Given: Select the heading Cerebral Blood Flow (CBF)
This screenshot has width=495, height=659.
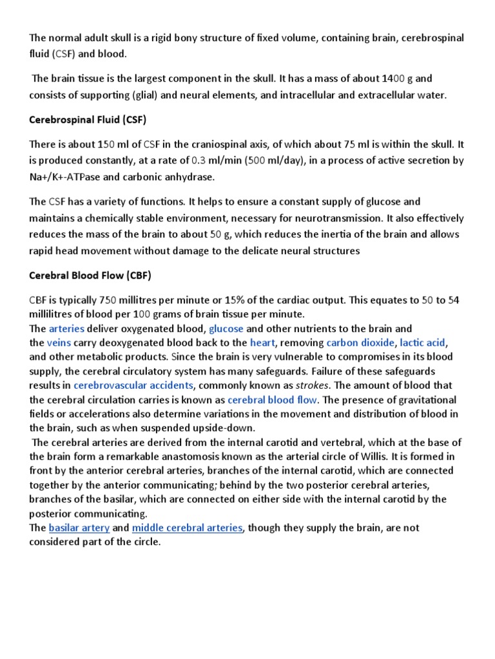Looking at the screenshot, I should (90, 275).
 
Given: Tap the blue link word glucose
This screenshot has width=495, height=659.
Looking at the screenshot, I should (226, 329).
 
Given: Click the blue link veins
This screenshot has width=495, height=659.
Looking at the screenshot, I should (58, 343).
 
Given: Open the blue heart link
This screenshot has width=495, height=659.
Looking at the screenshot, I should (262, 343).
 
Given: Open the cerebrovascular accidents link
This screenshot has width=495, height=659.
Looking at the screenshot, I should (133, 385).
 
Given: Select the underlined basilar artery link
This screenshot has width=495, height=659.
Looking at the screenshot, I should (79, 528).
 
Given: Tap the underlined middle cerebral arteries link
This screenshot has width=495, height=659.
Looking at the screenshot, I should (187, 528).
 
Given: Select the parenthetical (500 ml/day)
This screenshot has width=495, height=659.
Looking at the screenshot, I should (273, 161).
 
